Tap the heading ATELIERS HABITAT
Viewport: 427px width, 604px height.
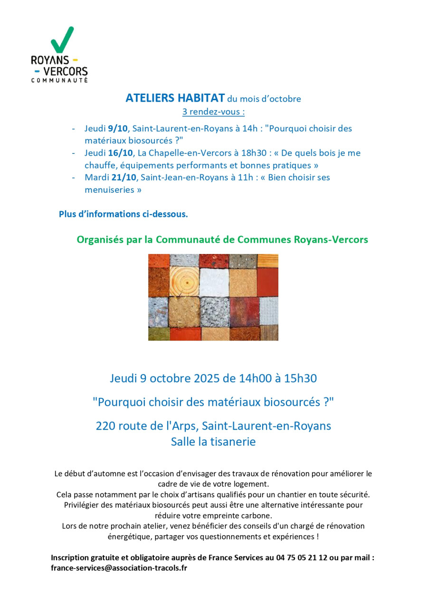click(175, 98)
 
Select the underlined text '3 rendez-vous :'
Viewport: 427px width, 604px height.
click(213, 112)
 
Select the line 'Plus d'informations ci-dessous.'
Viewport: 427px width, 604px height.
click(123, 214)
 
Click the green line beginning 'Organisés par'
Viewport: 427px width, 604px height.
click(222, 239)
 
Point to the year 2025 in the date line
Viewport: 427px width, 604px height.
click(207, 378)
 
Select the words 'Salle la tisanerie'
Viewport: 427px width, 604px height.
click(213, 442)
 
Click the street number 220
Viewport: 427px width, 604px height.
click(105, 425)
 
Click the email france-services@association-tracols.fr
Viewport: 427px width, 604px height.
click(119, 567)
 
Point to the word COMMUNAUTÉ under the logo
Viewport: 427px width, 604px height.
click(59, 80)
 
